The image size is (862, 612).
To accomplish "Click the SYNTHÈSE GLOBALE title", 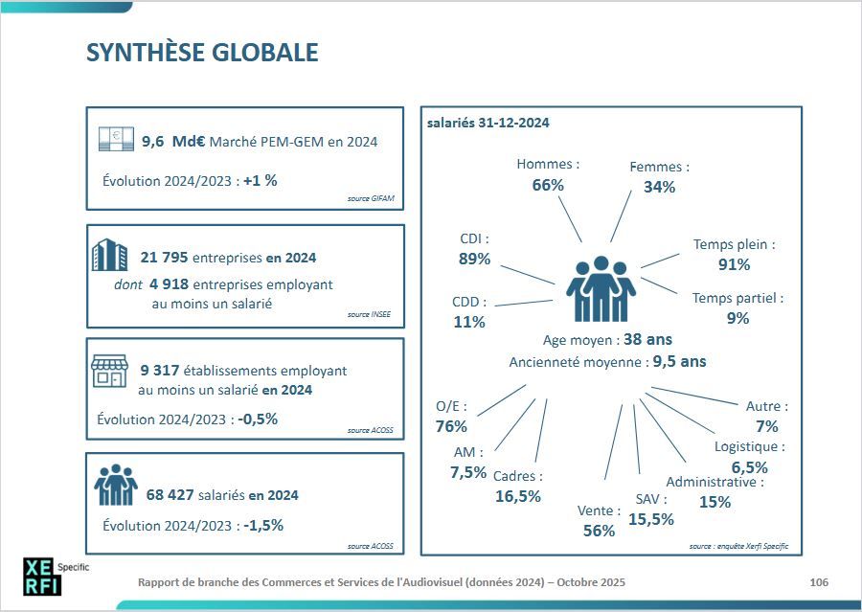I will pyautogui.click(x=202, y=53).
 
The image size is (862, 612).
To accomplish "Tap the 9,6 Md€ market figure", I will pyautogui.click(x=174, y=142).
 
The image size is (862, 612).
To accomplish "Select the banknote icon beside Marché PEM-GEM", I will pyautogui.click(x=115, y=140).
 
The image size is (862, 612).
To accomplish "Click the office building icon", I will pyautogui.click(x=109, y=256).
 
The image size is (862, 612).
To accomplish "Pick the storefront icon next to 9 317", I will pyautogui.click(x=108, y=371).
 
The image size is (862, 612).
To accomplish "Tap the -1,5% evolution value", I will pyautogui.click(x=263, y=526).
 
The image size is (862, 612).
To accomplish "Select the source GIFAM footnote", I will pyautogui.click(x=370, y=199).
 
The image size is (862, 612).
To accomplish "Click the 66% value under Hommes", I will pyautogui.click(x=548, y=185).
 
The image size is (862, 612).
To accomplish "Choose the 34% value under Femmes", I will pyautogui.click(x=659, y=187).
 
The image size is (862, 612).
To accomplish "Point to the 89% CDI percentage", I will pyautogui.click(x=474, y=259).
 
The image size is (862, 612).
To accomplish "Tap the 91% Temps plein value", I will pyautogui.click(x=734, y=264).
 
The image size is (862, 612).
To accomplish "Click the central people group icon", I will pyautogui.click(x=601, y=289).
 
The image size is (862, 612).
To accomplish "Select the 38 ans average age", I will pyautogui.click(x=647, y=340).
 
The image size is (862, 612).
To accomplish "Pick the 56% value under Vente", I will pyautogui.click(x=599, y=531).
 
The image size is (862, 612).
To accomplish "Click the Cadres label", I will pyautogui.click(x=518, y=476).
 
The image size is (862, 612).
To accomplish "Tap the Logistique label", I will pyautogui.click(x=750, y=446).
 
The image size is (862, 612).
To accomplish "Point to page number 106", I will pyautogui.click(x=819, y=581).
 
